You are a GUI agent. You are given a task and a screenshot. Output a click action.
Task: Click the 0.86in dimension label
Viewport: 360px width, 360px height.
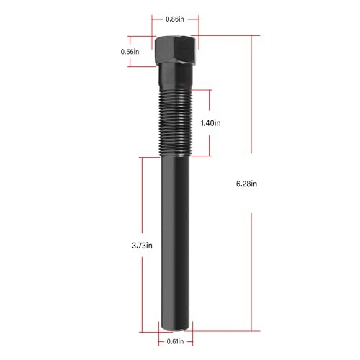[x=175, y=19]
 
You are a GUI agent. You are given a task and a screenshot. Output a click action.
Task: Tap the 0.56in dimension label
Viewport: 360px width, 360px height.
[x=130, y=52]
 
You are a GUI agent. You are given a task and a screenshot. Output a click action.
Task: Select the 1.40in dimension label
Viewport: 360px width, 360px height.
[x=211, y=123]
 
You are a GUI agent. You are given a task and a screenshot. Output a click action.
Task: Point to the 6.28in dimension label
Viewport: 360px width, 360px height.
[x=246, y=184]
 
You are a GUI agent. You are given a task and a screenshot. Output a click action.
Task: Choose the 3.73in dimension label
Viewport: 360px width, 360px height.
[x=142, y=246]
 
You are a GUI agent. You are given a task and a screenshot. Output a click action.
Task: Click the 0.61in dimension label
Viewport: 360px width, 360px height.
[x=175, y=341]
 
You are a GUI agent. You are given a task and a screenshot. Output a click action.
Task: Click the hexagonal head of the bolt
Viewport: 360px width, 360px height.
[x=176, y=50]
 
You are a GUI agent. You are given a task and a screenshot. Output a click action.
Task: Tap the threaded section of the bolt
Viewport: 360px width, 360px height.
[x=176, y=123]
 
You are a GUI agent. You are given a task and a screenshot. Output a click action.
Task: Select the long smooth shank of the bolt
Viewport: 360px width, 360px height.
[x=176, y=243]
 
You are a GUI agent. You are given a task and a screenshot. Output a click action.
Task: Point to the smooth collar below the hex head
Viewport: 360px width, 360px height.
[x=176, y=77]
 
